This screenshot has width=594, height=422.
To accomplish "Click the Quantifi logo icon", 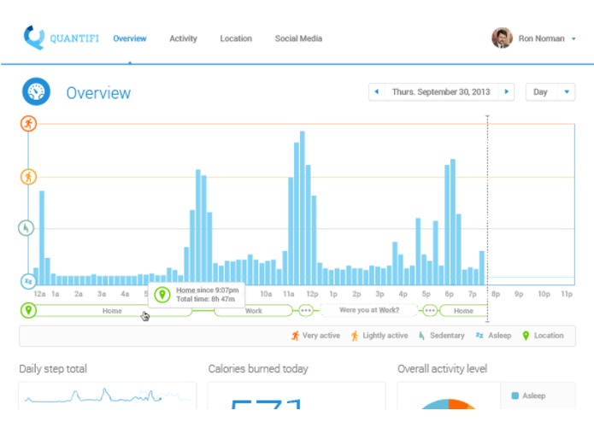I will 34,38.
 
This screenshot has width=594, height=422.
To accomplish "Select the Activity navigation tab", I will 183,38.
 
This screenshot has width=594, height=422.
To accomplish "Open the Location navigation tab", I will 235,38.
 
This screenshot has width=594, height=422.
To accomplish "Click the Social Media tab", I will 298,38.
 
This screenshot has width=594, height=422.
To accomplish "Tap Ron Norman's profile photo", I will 502,38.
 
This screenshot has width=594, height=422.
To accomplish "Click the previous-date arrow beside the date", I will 376,91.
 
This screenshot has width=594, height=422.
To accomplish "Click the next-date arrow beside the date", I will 507,91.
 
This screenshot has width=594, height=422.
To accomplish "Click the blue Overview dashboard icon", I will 37,92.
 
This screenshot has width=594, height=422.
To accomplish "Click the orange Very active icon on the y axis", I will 28,124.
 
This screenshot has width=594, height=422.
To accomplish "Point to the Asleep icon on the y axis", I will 28,280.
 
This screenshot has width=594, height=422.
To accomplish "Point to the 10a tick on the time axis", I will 266,294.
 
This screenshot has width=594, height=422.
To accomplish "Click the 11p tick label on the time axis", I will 566,294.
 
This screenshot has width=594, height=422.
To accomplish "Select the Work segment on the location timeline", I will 254,311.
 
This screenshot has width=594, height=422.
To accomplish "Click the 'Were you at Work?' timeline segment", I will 369,311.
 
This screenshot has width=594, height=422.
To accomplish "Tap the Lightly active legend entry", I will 379,336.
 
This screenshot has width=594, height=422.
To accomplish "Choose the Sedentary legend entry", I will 441,336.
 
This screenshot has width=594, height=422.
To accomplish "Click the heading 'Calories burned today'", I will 258,369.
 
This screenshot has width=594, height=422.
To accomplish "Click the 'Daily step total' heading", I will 53,369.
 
